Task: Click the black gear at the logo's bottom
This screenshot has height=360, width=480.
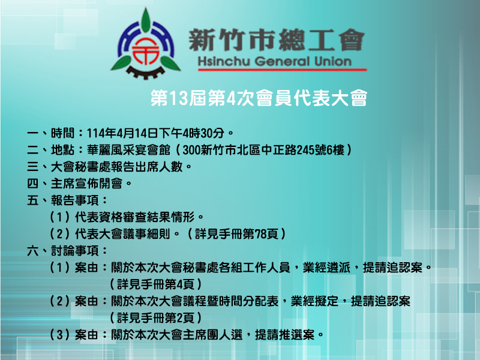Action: pos(146,73)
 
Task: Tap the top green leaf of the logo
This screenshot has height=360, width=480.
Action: pos(146,20)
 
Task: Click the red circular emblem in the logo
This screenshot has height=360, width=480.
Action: pos(146,50)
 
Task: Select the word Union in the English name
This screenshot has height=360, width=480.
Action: pos(333,62)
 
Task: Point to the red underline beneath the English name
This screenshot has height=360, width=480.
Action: pos(282,70)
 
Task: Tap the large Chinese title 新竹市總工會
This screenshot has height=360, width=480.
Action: pos(277,40)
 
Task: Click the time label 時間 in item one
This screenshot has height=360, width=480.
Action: pos(63,133)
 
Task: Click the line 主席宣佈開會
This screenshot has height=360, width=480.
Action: pos(86,184)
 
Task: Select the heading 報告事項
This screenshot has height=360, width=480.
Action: pos(74,200)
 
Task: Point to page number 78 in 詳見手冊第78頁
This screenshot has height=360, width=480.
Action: pos(260,234)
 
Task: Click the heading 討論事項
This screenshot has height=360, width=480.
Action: pos(74,251)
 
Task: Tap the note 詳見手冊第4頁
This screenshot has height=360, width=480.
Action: pos(155,284)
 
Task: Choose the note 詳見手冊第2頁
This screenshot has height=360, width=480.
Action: pos(155,318)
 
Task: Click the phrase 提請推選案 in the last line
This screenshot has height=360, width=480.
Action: pos(284,335)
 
